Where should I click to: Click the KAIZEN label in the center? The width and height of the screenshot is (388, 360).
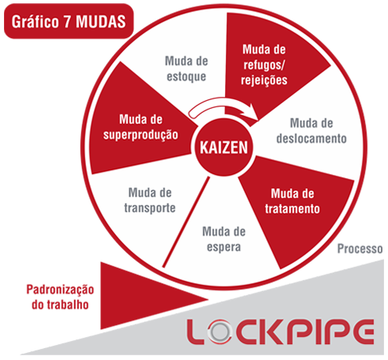coord(223,147)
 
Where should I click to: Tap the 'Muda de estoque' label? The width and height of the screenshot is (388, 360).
coord(186,68)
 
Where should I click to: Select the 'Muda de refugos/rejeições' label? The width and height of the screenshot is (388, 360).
coord(264,65)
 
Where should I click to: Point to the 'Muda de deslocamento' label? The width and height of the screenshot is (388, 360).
coord(312,131)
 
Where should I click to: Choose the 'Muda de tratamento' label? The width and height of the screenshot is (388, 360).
coord(293,201)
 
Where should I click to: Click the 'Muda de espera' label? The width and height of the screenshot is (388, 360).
coord(224,239)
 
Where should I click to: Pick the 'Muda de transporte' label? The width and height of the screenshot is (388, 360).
coord(150,200)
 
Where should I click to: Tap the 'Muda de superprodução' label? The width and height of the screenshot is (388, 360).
coord(141,127)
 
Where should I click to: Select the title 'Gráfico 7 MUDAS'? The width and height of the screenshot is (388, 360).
coord(68,21)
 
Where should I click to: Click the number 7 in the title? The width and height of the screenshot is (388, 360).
coord(67,21)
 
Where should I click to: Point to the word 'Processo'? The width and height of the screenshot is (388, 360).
coord(360,249)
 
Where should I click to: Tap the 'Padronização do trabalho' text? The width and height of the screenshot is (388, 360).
coord(60,297)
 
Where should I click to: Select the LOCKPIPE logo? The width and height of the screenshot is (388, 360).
coord(281,332)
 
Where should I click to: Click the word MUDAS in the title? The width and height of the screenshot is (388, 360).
coord(101,21)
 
